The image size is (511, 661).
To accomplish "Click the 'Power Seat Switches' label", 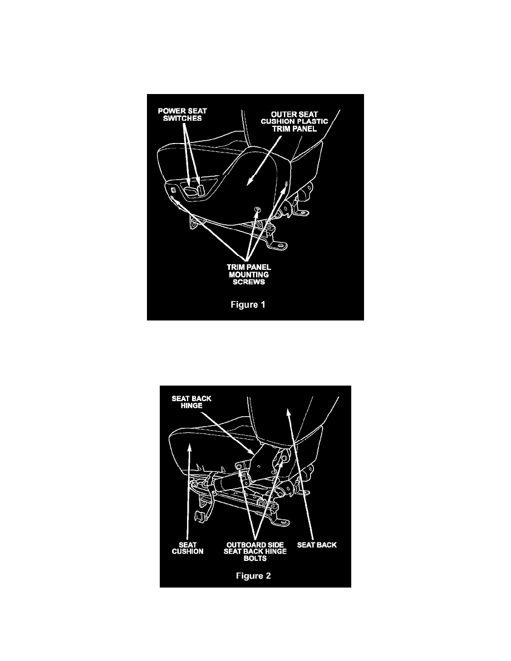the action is coord(182,115).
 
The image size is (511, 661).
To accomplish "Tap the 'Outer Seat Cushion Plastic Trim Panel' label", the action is coord(294,121).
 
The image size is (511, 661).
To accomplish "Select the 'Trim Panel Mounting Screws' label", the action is coord(249,274).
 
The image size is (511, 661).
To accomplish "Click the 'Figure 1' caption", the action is coord(248,304).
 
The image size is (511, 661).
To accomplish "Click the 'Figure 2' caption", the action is coord(253,576).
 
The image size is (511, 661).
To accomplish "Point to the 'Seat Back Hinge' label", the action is coord(191,402).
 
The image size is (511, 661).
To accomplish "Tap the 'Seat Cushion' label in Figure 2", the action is coord(188,548).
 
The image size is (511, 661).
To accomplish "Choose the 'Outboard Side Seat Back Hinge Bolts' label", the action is coord(255,551).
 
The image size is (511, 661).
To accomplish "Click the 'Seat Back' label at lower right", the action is coord(317,545).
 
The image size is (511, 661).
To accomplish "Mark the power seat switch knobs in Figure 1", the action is coord(195,190).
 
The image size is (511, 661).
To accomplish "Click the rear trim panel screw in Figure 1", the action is coord(286,184).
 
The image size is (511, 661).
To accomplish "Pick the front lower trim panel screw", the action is coord(173,198).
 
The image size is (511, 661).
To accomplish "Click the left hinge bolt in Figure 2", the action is coord(239,465).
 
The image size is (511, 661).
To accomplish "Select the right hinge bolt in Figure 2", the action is coord(284,458).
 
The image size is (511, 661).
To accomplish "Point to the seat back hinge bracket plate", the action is coord(262,460).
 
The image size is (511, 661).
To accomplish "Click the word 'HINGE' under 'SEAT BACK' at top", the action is coord(191,406).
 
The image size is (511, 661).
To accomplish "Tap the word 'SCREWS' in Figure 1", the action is coord(249,282).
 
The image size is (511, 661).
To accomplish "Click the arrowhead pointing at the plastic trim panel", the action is coord(249,181).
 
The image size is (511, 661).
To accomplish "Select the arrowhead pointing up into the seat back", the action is coord(288,412).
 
